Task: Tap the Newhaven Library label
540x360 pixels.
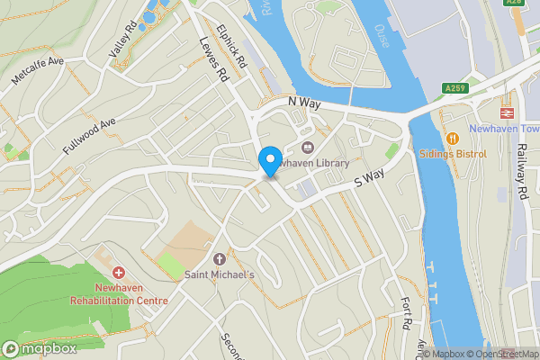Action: coord(315,164)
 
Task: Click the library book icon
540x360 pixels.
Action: coord(307,148)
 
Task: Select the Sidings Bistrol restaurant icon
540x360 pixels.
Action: coord(452,139)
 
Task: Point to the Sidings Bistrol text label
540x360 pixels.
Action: coord(452,154)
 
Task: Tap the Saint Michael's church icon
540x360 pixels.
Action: coord(220,258)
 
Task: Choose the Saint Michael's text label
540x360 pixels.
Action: coord(220,274)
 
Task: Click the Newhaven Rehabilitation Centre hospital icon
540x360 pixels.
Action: coord(118,271)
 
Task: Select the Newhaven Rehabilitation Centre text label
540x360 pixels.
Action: coord(119,293)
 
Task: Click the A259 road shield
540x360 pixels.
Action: coord(455,87)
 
